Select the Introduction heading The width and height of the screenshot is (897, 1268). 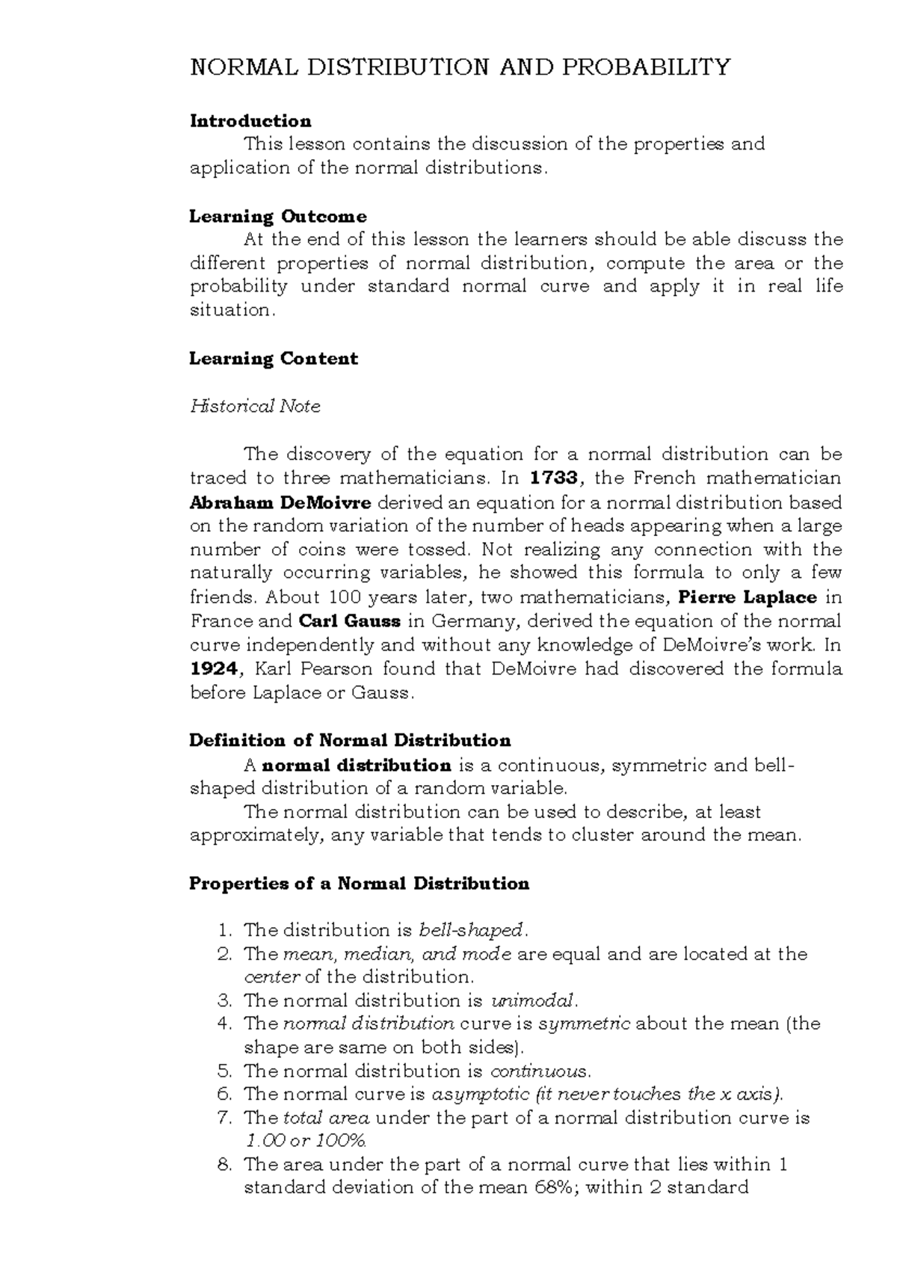(x=250, y=121)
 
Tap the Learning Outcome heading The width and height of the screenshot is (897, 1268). (x=278, y=217)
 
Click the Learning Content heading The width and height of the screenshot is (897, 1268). (x=274, y=359)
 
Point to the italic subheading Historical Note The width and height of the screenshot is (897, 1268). (x=255, y=407)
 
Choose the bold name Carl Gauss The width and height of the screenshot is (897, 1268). (x=350, y=621)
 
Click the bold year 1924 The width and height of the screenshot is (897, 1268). (x=212, y=668)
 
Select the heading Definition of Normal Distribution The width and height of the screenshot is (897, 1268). (x=350, y=741)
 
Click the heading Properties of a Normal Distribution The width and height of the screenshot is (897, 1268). (x=360, y=884)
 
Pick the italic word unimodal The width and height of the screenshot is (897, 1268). (x=533, y=1001)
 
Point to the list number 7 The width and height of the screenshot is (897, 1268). (x=225, y=1118)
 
